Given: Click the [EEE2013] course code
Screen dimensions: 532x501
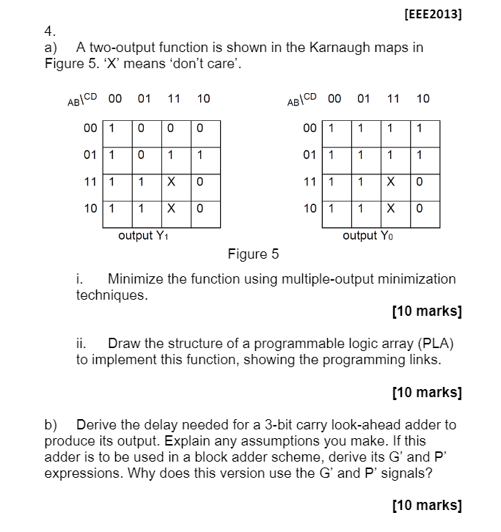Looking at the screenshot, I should point(433,14).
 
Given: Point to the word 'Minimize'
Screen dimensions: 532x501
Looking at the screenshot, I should point(139,278).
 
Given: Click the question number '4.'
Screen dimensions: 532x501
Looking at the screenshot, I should point(50,32).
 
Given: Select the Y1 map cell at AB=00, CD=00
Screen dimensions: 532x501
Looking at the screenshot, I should point(111,129).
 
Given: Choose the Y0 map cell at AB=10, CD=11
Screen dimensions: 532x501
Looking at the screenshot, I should point(390,207).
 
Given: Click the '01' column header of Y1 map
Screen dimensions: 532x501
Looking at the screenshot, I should point(144,98).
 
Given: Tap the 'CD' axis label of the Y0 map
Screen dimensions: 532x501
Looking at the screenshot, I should point(310,96).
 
